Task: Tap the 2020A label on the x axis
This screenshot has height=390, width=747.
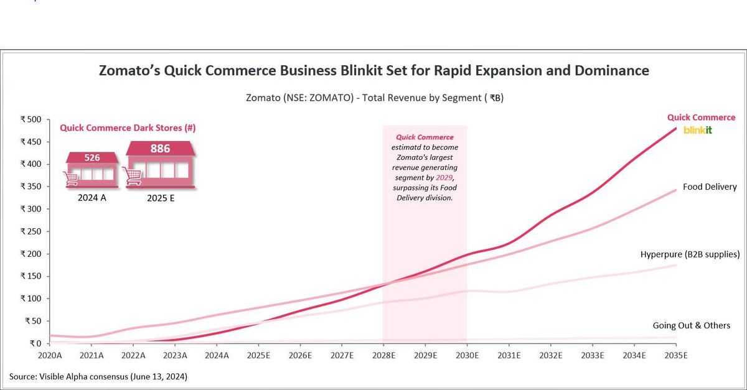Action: pyautogui.click(x=50, y=356)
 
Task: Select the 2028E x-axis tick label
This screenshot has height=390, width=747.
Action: pyautogui.click(x=383, y=356)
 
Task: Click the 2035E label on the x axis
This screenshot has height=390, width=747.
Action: pyautogui.click(x=676, y=356)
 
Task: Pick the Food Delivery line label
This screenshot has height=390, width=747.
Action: pyautogui.click(x=710, y=187)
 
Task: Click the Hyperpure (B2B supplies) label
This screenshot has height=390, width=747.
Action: pyautogui.click(x=690, y=254)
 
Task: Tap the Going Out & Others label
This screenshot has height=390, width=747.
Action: pyautogui.click(x=691, y=325)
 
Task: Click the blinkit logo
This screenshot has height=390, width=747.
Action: pyautogui.click(x=697, y=130)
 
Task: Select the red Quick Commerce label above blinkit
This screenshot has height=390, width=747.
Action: pyautogui.click(x=701, y=117)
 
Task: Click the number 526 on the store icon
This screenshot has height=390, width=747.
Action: pyautogui.click(x=92, y=158)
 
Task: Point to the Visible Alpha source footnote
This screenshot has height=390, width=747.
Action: pyautogui.click(x=98, y=377)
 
